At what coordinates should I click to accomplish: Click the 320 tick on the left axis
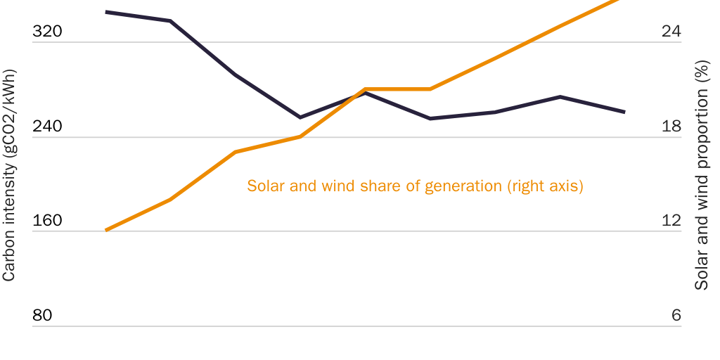[48, 32]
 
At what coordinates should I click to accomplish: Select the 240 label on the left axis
[48, 127]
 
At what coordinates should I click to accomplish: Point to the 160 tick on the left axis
[48, 221]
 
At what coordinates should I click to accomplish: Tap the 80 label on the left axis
[43, 316]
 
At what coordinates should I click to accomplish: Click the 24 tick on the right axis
[671, 32]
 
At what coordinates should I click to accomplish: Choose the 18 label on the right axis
[671, 127]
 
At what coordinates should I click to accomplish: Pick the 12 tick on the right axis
[671, 221]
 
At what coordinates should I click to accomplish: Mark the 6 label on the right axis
[676, 316]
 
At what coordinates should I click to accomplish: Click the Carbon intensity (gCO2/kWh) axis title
[9, 175]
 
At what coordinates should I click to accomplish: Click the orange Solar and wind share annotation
[416, 186]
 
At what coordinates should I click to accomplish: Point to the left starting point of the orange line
[105, 230]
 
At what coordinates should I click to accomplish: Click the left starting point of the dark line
[105, 12]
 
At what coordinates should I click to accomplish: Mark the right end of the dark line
[624, 112]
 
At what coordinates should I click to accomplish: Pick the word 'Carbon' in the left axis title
[9, 260]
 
